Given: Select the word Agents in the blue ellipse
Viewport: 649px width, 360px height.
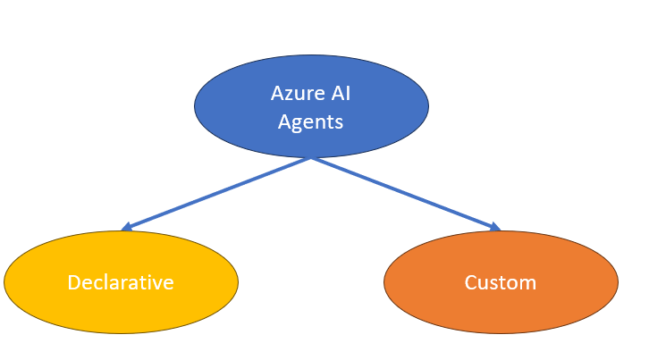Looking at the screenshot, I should pos(310,122).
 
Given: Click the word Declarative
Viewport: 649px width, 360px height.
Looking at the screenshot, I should pos(121,282).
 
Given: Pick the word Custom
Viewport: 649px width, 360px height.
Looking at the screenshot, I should pos(501,282).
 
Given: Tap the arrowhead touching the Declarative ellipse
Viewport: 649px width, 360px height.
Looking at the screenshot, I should pos(126,228).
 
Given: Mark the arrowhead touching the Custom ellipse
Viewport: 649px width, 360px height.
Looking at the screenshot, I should pos(495,228).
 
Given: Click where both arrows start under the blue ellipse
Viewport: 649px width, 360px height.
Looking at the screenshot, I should pos(311,158).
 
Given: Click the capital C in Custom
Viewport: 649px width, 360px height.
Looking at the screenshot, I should pos(470,282).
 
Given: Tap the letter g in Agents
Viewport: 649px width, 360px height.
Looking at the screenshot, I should pos(298,124).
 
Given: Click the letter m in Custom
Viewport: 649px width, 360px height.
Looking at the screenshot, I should pos(527,283).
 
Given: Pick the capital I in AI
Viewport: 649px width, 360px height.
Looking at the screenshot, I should pos(348,93).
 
